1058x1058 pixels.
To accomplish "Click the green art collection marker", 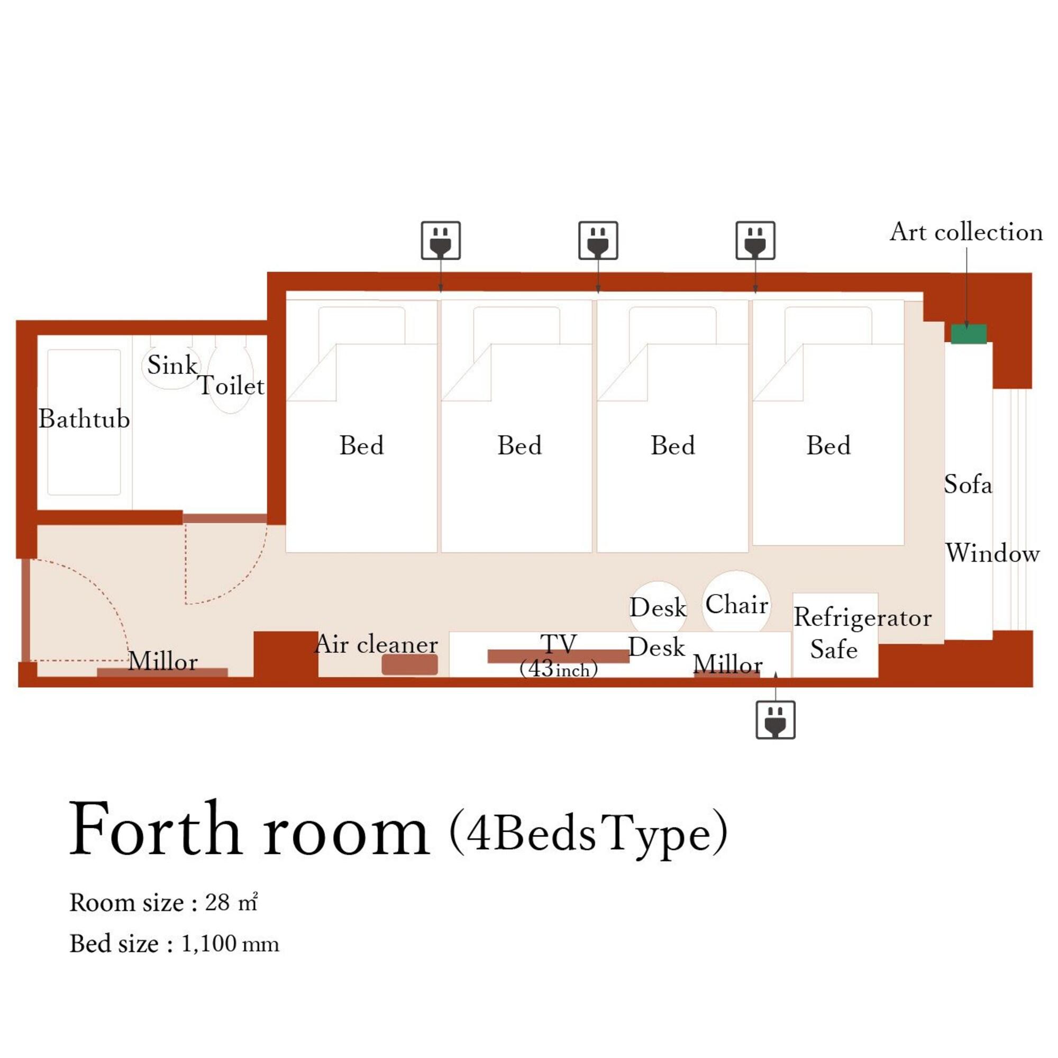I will tap(968, 334).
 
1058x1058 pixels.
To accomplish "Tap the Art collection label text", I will tap(966, 232).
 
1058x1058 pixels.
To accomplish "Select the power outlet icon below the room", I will tap(775, 719).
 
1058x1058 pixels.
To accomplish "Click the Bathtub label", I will tap(84, 419).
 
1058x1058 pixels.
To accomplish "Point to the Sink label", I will tap(172, 365).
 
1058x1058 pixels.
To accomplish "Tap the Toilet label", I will tap(231, 386).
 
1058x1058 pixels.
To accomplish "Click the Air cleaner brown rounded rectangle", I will tap(409, 664).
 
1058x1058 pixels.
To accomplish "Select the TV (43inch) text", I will tap(558, 655).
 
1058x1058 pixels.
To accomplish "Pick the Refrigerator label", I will tap(862, 618).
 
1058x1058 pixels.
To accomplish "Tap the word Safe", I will tap(834, 650).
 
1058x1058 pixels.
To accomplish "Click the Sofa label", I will tap(968, 485).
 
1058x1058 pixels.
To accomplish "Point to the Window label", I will tap(992, 553).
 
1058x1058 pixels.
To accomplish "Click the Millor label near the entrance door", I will tap(162, 662).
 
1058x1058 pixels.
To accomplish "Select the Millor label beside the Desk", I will tap(727, 665).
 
